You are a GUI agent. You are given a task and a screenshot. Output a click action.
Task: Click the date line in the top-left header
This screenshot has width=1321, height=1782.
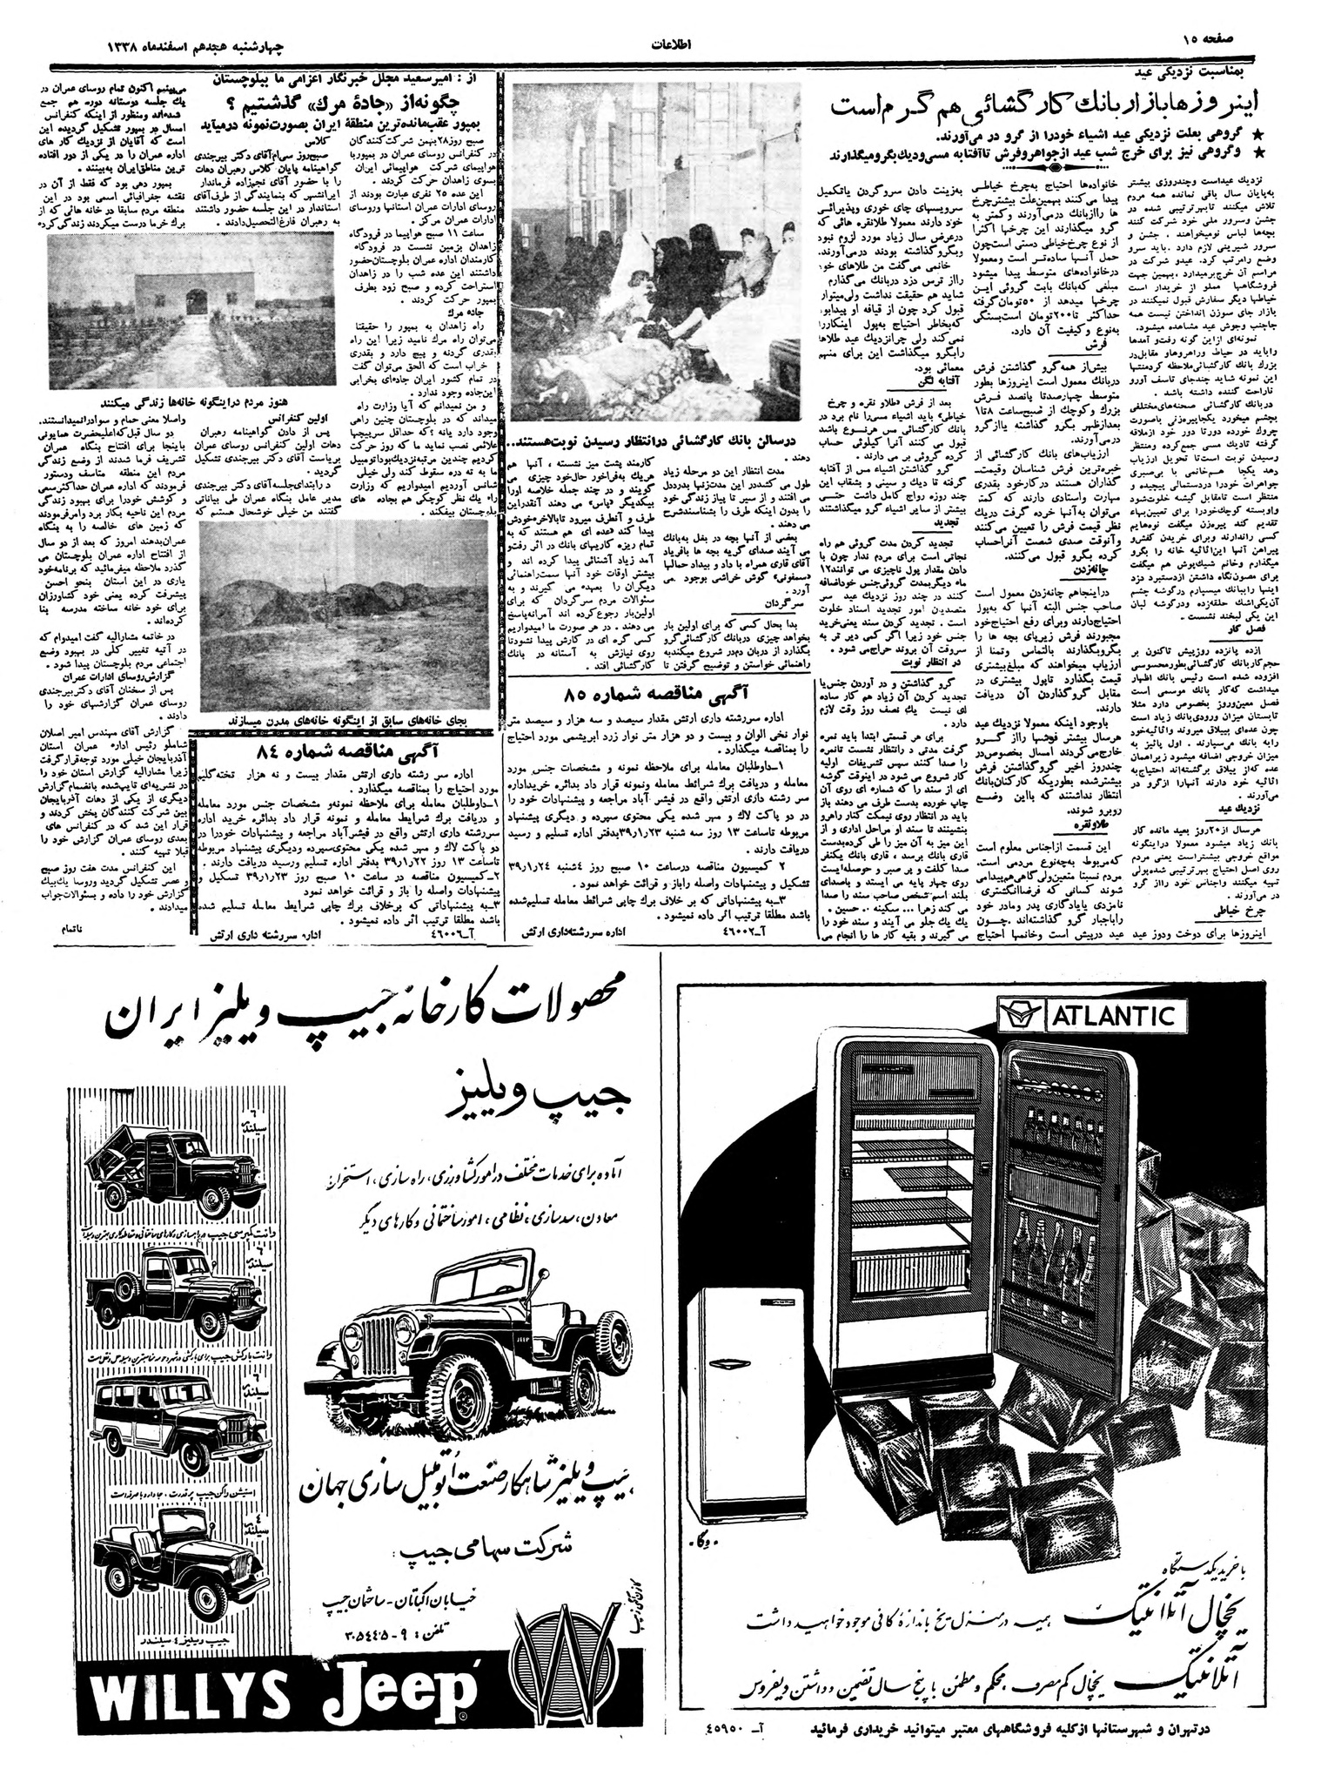pos(147,43)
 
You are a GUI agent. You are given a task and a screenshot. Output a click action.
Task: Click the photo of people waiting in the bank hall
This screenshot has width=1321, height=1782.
pos(656,252)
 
